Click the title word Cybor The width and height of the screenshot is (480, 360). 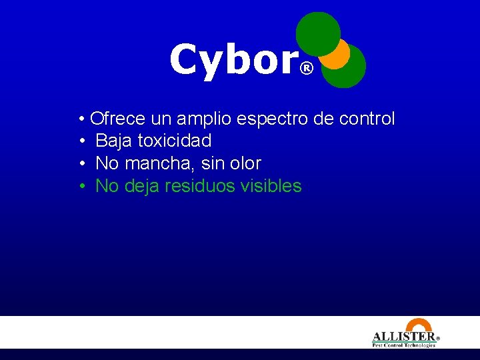coord(233,60)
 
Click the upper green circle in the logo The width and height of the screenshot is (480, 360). coord(317,31)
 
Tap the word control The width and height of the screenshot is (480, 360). coord(367,119)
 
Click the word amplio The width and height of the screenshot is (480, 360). coord(199,120)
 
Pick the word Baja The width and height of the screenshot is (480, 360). coord(114,141)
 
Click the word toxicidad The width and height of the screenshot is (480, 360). coord(174,141)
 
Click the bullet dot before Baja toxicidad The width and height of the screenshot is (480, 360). coord(81,141)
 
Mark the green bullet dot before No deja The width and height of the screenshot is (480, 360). coord(81,186)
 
